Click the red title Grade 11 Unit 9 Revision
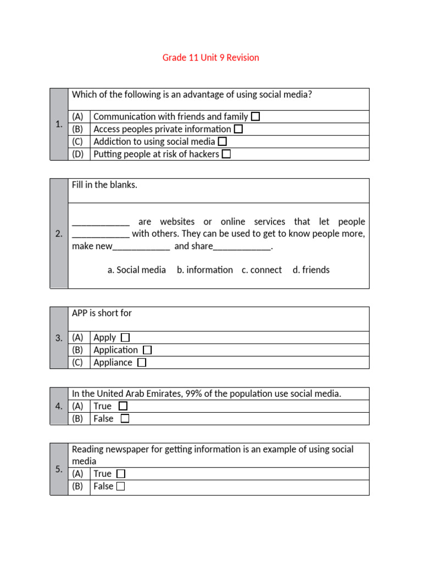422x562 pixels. coord(210,58)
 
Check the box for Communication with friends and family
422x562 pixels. coord(256,116)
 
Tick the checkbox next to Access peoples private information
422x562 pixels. coord(238,129)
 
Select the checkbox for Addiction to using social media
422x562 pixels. coord(222,142)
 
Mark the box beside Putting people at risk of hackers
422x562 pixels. coord(226,154)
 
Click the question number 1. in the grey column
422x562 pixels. coord(59,125)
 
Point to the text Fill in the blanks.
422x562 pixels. coord(104,185)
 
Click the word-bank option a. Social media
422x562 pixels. coord(137,270)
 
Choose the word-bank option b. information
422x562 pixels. coord(205,270)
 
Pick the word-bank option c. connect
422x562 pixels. coord(262,270)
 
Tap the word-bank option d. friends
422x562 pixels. coord(311,270)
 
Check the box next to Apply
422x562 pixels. coord(125,338)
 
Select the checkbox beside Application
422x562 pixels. coord(147,350)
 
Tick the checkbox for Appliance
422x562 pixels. coord(142,363)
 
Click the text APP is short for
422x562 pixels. coord(102,313)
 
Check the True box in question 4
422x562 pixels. coord(123,406)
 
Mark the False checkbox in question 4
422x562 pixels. coord(125,419)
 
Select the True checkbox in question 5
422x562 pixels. coord(121,474)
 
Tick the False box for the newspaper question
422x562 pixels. coord(120,486)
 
